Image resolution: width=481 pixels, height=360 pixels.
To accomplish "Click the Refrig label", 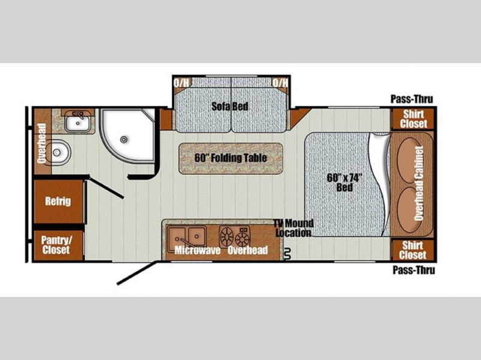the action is coord(58,201).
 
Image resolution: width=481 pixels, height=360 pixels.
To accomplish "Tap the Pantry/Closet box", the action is coord(58,245).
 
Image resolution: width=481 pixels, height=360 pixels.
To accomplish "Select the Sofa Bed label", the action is coord(230,106).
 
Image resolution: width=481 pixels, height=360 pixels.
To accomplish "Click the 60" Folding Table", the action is coord(231,158).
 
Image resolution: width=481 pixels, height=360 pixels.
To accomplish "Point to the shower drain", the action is coord(124,139).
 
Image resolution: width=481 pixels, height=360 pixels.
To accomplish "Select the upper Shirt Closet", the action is coord(413,119).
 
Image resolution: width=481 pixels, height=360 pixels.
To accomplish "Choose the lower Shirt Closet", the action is coord(413,250).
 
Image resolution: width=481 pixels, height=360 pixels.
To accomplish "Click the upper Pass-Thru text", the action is coord(412,99).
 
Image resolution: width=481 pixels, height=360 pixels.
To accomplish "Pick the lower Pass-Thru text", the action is coord(414,270).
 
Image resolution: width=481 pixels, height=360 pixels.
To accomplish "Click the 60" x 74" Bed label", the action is coord(345,183).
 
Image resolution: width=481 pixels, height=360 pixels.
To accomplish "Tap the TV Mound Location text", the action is coord(293,228).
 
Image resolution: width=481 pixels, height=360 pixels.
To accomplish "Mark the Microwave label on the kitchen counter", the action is coord(197,250).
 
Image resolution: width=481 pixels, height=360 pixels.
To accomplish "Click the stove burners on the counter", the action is coord(234,237).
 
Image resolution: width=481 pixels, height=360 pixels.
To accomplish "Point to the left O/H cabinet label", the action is coord(182,82).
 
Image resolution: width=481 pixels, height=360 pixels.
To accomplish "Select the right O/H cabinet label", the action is coord(280,82).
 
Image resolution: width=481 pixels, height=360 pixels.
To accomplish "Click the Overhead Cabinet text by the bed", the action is coord(418,183).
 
